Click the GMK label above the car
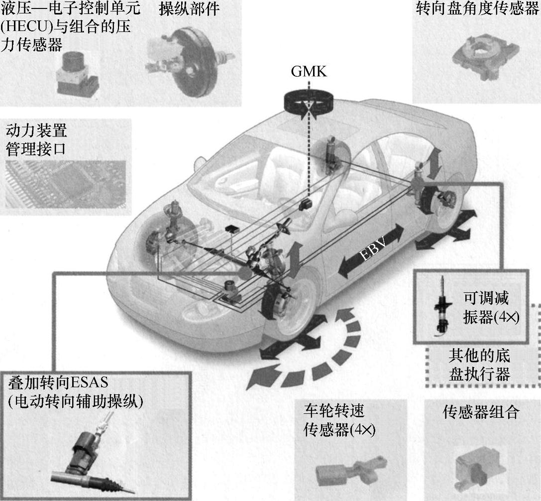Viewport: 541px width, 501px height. tap(309, 72)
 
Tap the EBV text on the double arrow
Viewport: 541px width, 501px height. tap(372, 250)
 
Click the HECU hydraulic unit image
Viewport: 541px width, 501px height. tap(77, 73)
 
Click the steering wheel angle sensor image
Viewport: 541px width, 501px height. tap(484, 55)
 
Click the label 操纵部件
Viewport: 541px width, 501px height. tap(189, 9)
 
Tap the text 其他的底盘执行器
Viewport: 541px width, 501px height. tap(479, 365)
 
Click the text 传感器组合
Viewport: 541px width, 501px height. tap(481, 412)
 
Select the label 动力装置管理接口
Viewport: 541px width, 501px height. tap(36, 140)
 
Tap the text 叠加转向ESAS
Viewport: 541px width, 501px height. tap(58, 382)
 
